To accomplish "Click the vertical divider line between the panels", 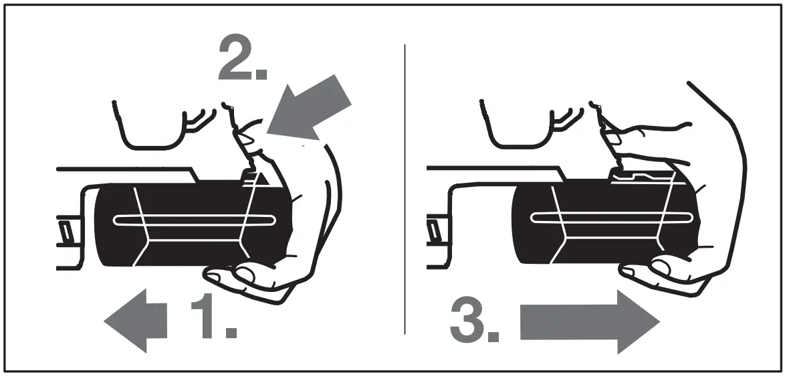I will [x=405, y=187].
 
